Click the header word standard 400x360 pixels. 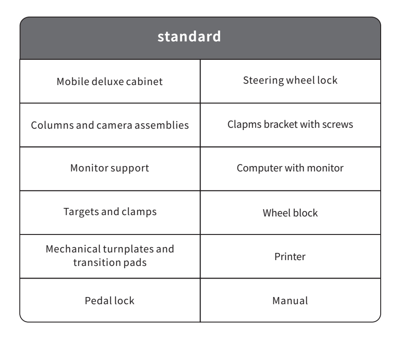pos(189,36)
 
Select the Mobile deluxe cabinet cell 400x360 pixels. pos(110,81)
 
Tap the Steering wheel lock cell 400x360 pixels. pos(290,81)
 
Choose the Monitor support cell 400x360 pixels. pos(110,169)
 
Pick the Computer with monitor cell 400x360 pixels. pos(290,169)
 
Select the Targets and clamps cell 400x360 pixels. pos(110,212)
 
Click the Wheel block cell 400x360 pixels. pos(290,212)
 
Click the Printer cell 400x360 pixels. pos(290,256)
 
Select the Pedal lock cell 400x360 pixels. pos(110,300)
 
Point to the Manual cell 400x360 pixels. pos(290,300)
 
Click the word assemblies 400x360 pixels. pos(162,125)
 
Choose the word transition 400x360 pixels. pos(97,262)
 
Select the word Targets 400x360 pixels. pos(81,212)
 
